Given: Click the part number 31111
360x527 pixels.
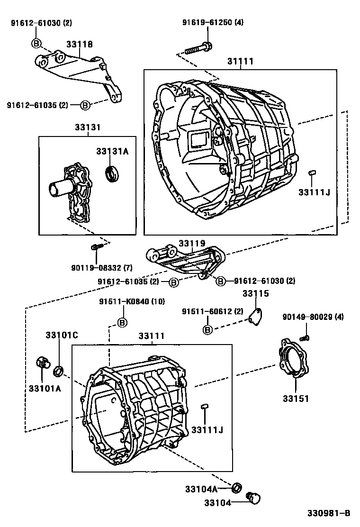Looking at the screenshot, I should click(240, 62).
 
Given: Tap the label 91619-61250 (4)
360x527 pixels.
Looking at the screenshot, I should click(213, 22).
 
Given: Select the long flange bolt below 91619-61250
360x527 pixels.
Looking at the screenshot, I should click(198, 49).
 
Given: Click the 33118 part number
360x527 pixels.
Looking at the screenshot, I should click(79, 44).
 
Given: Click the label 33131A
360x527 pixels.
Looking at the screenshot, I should click(112, 151).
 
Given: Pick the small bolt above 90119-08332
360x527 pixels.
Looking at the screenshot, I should click(95, 247).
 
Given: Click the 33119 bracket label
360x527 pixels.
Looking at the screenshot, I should click(191, 243).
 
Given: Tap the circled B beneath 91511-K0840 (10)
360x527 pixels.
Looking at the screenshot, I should click(122, 323).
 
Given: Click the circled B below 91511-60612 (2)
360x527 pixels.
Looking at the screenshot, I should click(207, 329).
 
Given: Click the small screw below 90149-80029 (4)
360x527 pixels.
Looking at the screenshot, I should click(305, 337).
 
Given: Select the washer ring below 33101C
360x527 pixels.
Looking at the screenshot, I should click(59, 370).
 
